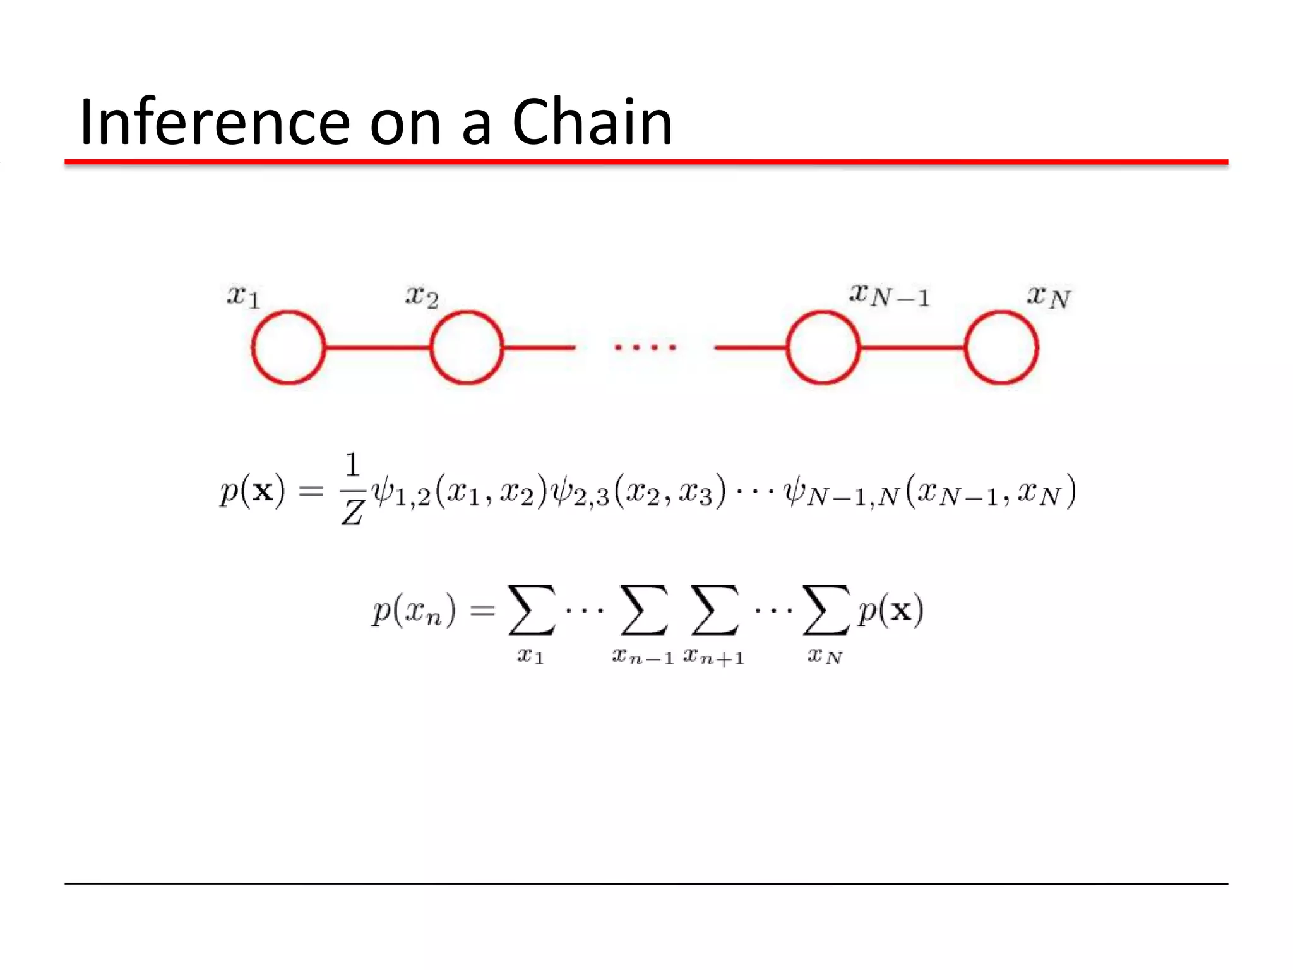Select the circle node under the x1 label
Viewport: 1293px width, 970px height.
click(289, 347)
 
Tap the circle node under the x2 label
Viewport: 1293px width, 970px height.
click(467, 347)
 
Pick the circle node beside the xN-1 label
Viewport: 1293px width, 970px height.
click(823, 347)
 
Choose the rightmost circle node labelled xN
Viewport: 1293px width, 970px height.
click(1001, 347)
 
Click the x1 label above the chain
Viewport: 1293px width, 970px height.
click(244, 296)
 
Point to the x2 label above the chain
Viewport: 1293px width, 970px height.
click(422, 296)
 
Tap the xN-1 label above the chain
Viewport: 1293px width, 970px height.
click(890, 295)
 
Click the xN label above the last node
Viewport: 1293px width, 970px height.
click(1049, 296)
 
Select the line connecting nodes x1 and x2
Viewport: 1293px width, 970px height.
click(378, 347)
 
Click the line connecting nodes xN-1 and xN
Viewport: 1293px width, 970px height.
click(912, 347)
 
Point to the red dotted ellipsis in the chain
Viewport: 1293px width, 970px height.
click(645, 347)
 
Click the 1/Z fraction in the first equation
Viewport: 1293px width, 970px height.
click(352, 489)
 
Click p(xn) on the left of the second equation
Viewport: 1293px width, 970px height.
click(414, 611)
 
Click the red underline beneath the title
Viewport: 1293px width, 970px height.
click(646, 162)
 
